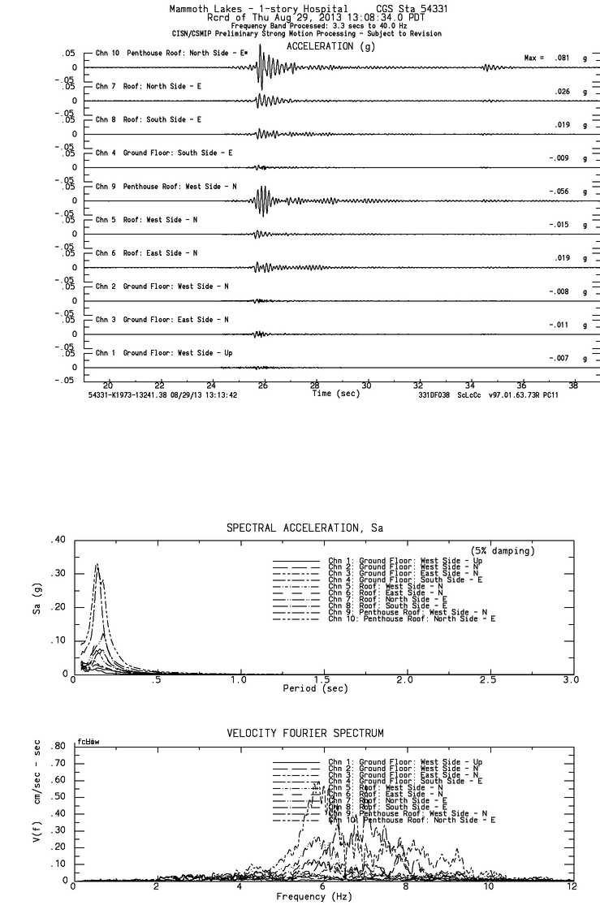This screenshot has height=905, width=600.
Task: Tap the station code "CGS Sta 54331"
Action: (x=404, y=7)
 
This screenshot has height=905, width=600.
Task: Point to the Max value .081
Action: (x=558, y=58)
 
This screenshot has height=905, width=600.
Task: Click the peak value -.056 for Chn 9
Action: (x=556, y=192)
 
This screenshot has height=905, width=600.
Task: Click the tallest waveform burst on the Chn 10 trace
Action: (x=260, y=65)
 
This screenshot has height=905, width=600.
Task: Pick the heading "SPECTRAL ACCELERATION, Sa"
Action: (x=304, y=528)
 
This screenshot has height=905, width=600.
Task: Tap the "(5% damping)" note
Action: (x=503, y=551)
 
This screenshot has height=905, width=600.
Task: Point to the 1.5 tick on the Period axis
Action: (x=322, y=679)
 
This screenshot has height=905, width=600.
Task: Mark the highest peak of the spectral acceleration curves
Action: (x=97, y=564)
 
